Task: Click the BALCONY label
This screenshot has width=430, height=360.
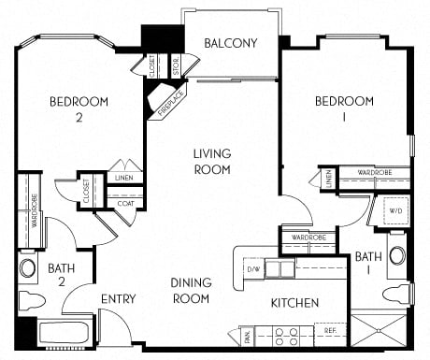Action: click(x=231, y=41)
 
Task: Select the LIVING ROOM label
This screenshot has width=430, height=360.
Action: click(x=213, y=161)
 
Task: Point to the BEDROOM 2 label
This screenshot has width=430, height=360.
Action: click(x=79, y=109)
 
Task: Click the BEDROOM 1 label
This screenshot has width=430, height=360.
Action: click(x=343, y=109)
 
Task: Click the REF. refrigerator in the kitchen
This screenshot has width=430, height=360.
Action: click(x=331, y=330)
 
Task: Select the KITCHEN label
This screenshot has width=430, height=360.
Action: click(x=295, y=303)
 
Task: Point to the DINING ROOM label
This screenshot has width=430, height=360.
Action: click(x=190, y=290)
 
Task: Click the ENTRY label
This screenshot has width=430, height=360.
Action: click(x=119, y=299)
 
